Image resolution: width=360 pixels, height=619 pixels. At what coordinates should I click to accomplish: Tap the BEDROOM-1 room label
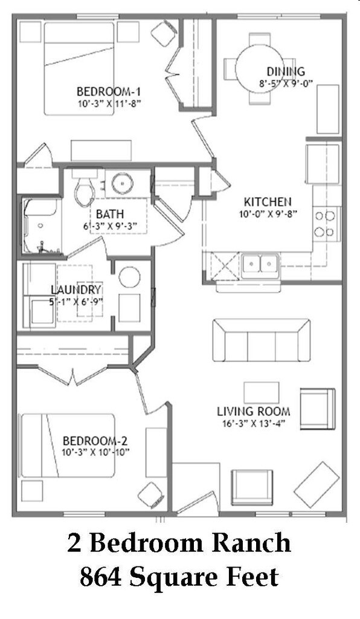coord(109,91)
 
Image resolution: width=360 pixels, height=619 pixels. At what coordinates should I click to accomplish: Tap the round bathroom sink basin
coord(123,181)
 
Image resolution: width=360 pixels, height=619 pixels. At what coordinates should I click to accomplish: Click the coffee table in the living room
coord(261,392)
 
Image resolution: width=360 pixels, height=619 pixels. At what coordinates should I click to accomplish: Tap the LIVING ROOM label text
coord(253,412)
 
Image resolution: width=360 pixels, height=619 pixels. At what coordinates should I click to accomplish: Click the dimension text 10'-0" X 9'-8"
coord(268,213)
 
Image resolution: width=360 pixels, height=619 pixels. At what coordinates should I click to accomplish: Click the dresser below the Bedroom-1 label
coord(101,150)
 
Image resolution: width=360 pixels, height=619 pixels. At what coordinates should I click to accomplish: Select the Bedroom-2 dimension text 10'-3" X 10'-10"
coord(95,452)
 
